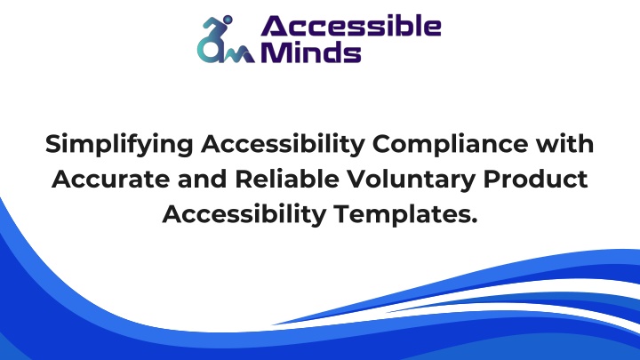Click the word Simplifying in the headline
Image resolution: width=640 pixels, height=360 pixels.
(119, 145)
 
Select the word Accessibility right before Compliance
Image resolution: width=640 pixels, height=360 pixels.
(283, 145)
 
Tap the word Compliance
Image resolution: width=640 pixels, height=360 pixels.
(450, 145)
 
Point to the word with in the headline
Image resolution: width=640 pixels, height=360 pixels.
(565, 143)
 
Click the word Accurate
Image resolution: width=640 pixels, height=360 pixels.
(110, 180)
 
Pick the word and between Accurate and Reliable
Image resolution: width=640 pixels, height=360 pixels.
(202, 179)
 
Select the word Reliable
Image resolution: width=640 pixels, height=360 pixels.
(287, 179)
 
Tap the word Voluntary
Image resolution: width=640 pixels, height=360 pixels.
(412, 180)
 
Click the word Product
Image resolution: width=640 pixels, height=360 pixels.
(535, 179)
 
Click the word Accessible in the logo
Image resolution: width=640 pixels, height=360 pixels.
(351, 27)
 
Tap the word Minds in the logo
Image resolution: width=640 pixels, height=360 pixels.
(311, 52)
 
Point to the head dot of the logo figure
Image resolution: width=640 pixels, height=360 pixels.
(228, 20)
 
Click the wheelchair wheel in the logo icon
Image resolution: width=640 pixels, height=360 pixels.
(209, 50)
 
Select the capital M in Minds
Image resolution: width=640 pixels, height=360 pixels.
(275, 52)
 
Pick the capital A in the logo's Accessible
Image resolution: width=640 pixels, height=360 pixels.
(276, 27)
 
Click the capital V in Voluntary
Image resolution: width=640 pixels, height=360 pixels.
(358, 180)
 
